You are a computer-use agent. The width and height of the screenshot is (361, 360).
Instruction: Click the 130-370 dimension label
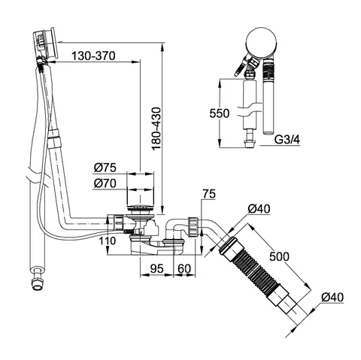coord(93,56)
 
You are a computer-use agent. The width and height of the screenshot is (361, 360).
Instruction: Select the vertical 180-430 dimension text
coord(156,129)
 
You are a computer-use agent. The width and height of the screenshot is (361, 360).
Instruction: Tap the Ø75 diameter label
coord(105,168)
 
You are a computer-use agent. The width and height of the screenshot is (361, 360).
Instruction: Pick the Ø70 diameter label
coord(105,183)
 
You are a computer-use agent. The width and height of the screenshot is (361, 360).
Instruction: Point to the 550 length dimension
coord(220,113)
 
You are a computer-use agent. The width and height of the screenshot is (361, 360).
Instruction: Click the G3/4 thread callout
coord(287,139)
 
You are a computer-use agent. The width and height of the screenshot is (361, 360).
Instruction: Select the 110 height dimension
coord(108,241)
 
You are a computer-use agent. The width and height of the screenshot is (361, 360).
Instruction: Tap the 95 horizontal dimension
coord(157,269)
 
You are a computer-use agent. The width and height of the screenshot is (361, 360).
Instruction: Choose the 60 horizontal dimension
coord(184,269)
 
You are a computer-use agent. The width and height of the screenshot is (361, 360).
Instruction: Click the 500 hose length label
coord(279,256)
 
